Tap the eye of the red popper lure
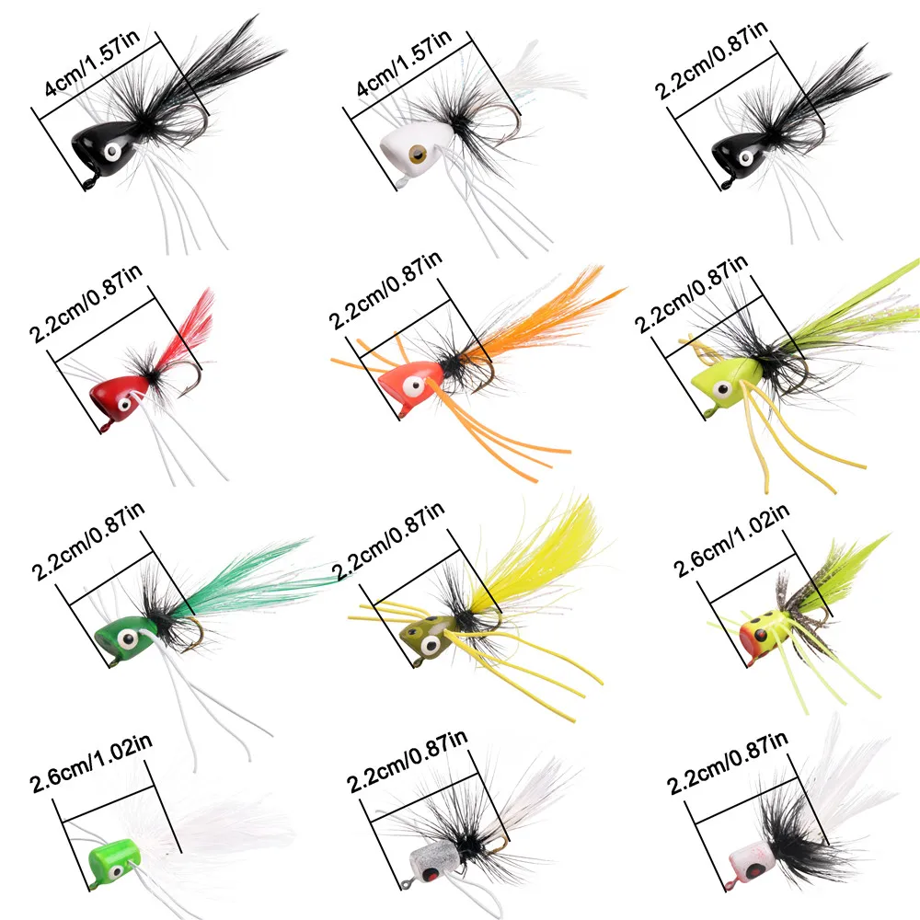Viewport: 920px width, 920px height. tap(124, 405)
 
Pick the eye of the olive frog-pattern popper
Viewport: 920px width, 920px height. tap(431, 646)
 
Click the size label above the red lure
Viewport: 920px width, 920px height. tap(86, 304)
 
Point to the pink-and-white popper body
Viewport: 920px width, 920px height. tap(749, 862)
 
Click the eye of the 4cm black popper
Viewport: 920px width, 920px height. tap(112, 153)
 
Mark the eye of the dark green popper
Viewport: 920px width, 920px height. tap(128, 638)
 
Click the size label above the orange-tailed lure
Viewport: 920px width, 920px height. tap(385, 291)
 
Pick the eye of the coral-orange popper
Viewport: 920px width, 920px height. tap(414, 386)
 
